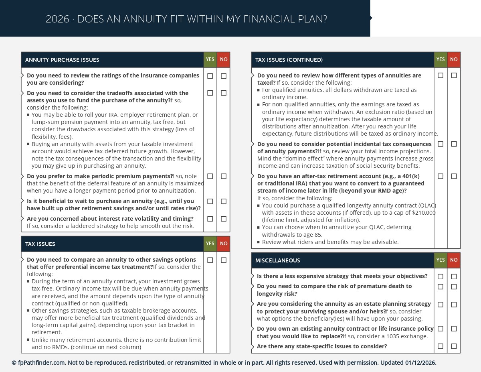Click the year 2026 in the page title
tap(57, 19)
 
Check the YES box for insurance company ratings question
tap(210, 76)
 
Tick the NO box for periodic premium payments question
tap(224, 176)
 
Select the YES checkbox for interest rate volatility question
tap(210, 219)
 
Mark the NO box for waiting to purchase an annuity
tap(224, 201)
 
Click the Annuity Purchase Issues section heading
tap(62, 60)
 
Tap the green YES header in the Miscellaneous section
tap(441, 260)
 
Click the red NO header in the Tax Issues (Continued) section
tap(454, 59)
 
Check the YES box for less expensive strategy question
tap(441, 276)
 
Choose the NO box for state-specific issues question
tap(454, 346)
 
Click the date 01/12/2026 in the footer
tap(420, 363)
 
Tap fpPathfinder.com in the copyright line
tap(42, 363)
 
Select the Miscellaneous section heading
tap(277, 260)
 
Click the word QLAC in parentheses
tap(427, 205)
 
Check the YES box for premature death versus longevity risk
tap(441, 287)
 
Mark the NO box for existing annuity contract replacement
tap(454, 329)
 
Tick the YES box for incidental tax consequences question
tap(441, 144)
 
